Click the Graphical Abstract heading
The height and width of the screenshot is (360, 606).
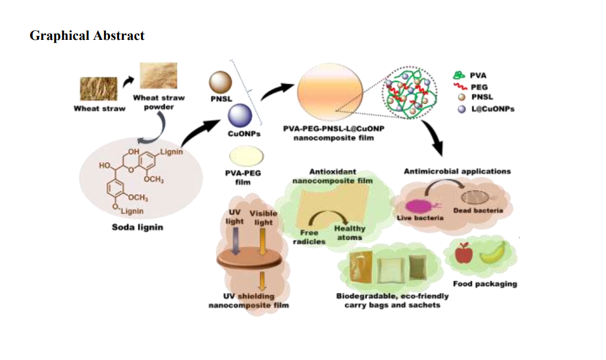click(x=87, y=35)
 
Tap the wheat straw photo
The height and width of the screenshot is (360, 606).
click(x=98, y=89)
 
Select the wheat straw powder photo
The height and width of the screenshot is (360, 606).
click(x=158, y=76)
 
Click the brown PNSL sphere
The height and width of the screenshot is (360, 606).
click(x=221, y=82)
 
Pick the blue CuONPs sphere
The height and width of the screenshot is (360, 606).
click(x=240, y=115)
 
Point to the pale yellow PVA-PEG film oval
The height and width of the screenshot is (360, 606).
click(x=246, y=157)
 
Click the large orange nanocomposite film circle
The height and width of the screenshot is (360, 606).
click(x=330, y=92)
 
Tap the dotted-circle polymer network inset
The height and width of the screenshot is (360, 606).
click(x=409, y=92)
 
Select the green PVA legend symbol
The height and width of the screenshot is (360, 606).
click(x=459, y=75)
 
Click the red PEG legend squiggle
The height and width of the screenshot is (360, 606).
click(x=460, y=87)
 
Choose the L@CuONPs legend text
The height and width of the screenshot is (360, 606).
click(x=493, y=109)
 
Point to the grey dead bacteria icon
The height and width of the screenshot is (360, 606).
click(x=476, y=198)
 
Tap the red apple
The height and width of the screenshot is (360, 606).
click(x=464, y=254)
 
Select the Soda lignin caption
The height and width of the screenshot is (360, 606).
click(x=137, y=227)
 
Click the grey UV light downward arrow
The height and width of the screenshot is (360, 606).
click(x=235, y=241)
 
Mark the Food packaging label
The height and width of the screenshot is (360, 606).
click(x=485, y=284)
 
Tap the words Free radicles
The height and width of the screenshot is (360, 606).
click(x=309, y=237)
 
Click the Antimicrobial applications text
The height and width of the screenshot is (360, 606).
click(x=457, y=171)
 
